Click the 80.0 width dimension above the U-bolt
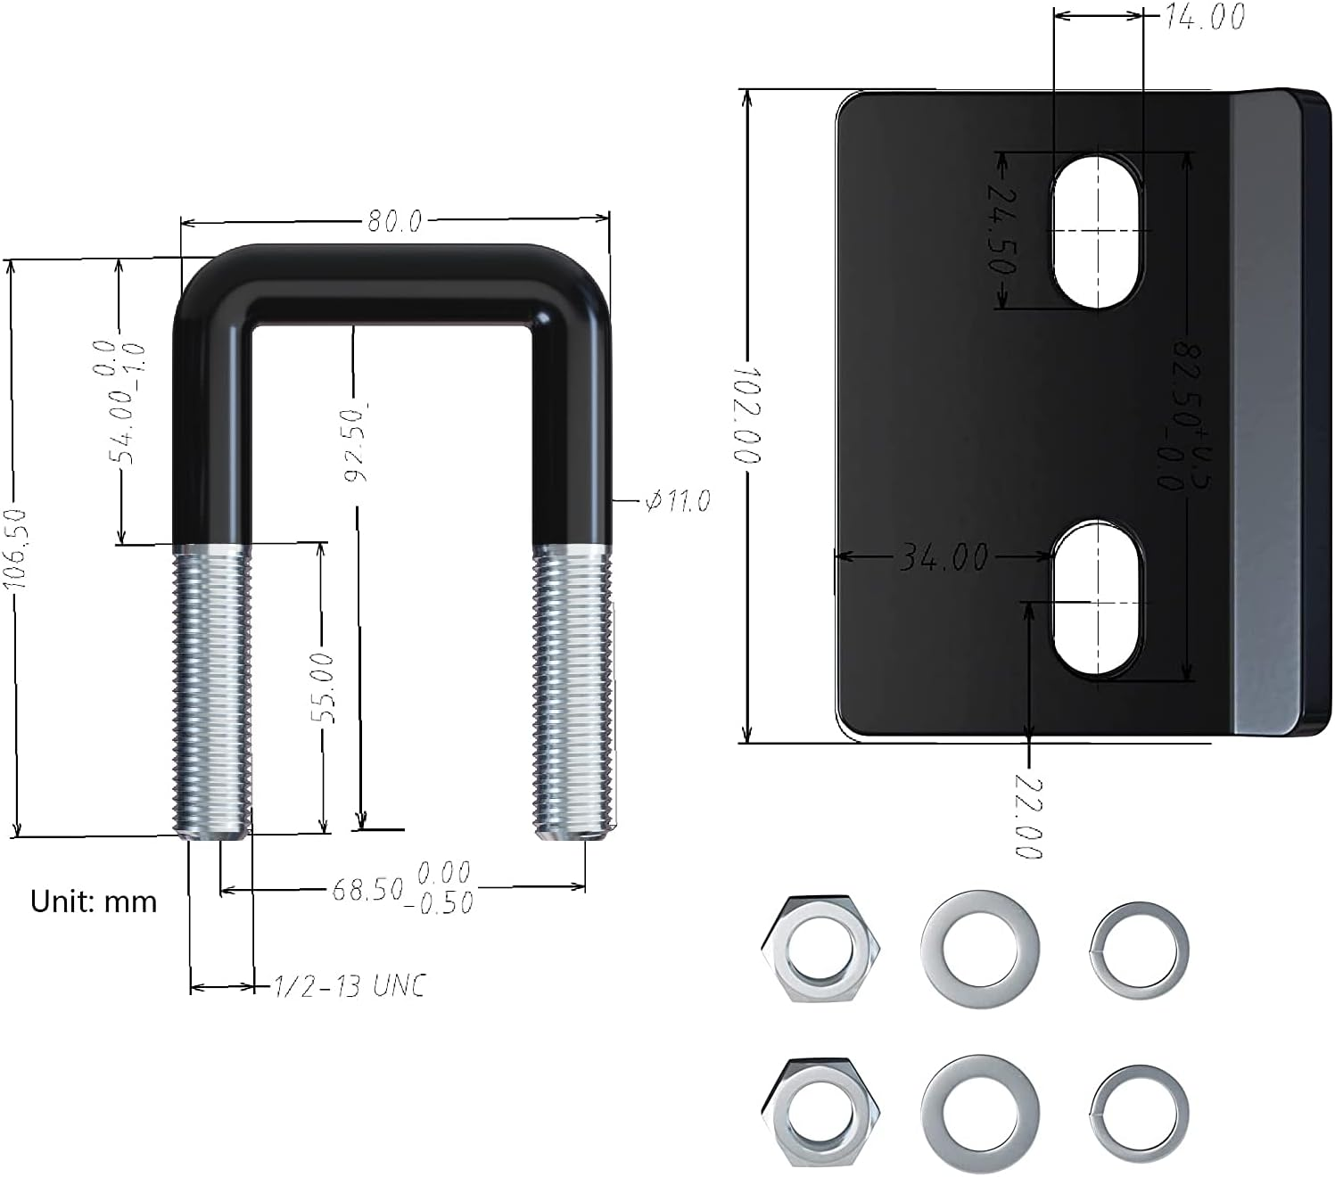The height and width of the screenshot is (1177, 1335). tap(395, 220)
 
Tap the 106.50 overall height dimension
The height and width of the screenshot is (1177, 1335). tap(15, 548)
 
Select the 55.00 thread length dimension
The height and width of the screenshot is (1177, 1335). tap(326, 687)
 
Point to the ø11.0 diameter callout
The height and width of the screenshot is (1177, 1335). tap(678, 502)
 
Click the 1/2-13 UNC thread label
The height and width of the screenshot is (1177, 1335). tap(349, 986)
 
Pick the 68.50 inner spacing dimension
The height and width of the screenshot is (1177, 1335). tap(368, 889)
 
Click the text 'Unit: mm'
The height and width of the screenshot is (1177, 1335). tap(94, 901)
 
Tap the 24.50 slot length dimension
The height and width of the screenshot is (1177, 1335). tap(1002, 229)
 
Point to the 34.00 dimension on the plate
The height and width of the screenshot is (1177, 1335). tap(944, 557)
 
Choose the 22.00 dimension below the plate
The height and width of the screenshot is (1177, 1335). tap(1028, 818)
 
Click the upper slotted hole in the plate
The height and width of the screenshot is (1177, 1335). tap(1097, 231)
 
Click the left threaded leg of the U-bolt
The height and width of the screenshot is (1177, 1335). tap(211, 691)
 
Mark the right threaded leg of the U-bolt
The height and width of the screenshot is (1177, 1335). tap(573, 691)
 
